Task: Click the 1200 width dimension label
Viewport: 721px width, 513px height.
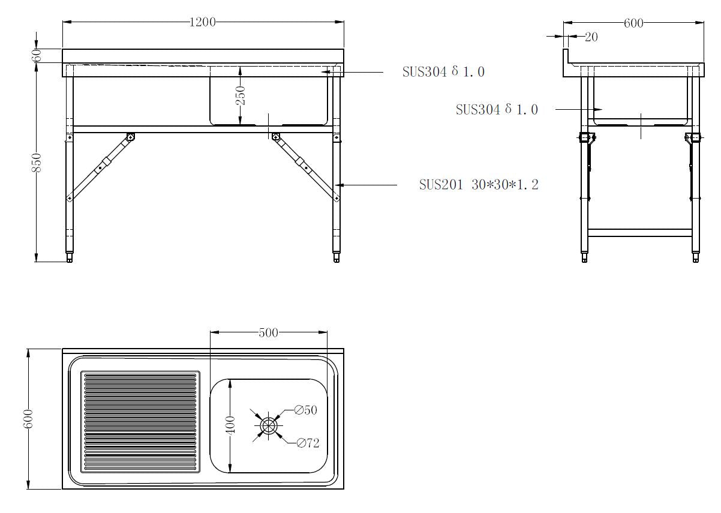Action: click(202, 22)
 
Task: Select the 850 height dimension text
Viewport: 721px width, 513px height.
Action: click(37, 164)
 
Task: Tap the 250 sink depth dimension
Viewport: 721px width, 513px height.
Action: click(240, 95)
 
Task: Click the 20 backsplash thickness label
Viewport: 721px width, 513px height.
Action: click(591, 37)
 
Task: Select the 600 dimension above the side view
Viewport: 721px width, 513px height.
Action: click(633, 23)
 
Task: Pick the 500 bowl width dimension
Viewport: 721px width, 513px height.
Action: click(268, 332)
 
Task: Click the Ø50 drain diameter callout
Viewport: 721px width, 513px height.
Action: click(305, 410)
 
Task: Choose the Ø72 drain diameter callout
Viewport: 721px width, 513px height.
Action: click(308, 443)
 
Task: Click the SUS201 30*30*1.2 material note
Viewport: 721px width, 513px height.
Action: click(479, 185)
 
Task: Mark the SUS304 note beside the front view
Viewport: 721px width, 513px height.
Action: click(443, 72)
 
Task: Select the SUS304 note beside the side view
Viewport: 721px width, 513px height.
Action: click(497, 110)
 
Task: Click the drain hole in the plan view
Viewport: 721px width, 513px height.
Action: click(268, 425)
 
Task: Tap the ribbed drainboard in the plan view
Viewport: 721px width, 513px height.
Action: click(140, 421)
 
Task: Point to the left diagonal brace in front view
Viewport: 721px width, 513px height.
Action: click(100, 167)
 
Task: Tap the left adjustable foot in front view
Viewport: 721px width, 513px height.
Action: click(70, 258)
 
